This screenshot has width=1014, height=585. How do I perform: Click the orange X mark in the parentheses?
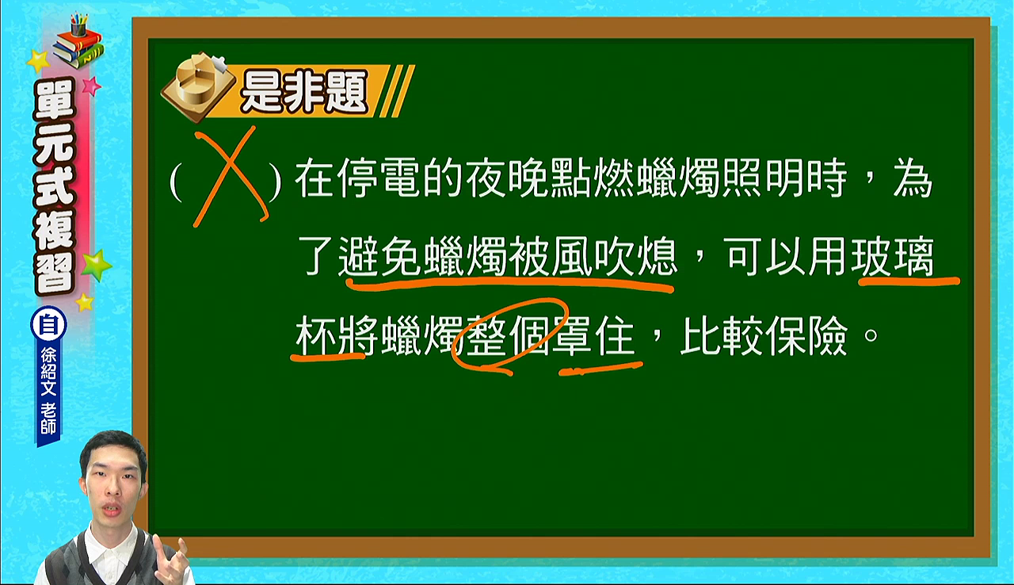230,178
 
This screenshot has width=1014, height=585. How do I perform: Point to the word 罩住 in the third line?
593,335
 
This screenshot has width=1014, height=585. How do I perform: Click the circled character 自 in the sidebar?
48,325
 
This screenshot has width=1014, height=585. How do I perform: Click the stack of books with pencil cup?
78,40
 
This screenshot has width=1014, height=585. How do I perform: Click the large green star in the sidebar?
96,266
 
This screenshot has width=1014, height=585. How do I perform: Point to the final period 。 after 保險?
871,335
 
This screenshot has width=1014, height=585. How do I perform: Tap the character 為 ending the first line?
913,178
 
